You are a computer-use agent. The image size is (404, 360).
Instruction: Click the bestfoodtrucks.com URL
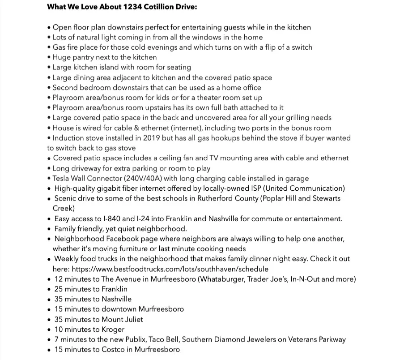[x=170, y=269]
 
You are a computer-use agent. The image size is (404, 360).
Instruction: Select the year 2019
[x=151, y=138]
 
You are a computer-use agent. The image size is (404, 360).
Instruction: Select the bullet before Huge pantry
[x=49, y=57]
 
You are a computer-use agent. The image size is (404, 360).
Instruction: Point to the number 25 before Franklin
[x=58, y=289]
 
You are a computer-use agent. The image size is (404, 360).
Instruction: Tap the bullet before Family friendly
[x=49, y=229]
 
